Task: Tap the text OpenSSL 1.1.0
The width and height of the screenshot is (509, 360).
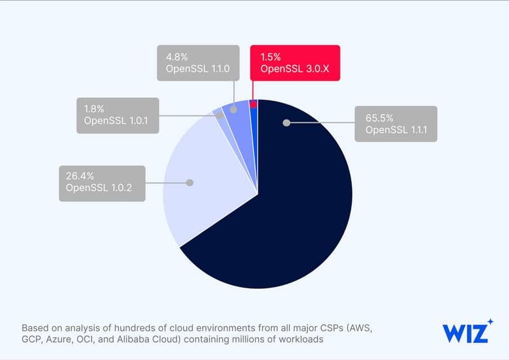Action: click(x=195, y=68)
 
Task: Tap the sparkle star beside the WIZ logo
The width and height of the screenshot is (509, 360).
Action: click(x=490, y=322)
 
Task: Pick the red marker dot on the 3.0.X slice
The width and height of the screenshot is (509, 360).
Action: click(x=253, y=104)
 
